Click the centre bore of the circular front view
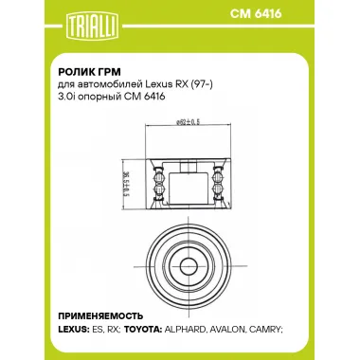[x=181, y=256]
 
